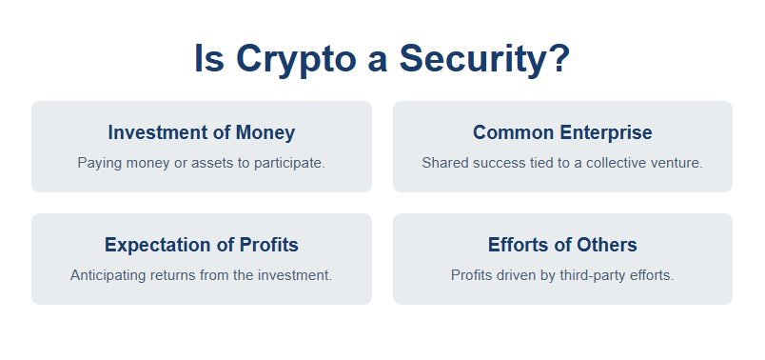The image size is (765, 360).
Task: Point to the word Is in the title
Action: point(209,59)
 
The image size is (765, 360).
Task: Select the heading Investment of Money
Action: point(201,132)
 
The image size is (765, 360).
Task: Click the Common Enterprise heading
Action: point(562,132)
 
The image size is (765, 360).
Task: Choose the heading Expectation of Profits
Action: point(201,245)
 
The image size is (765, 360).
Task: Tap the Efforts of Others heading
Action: point(562,245)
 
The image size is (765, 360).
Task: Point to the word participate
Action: point(289,163)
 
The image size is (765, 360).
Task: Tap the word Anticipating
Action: point(108,275)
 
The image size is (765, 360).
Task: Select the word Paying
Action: point(98,163)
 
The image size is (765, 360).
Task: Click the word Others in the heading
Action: point(605,245)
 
